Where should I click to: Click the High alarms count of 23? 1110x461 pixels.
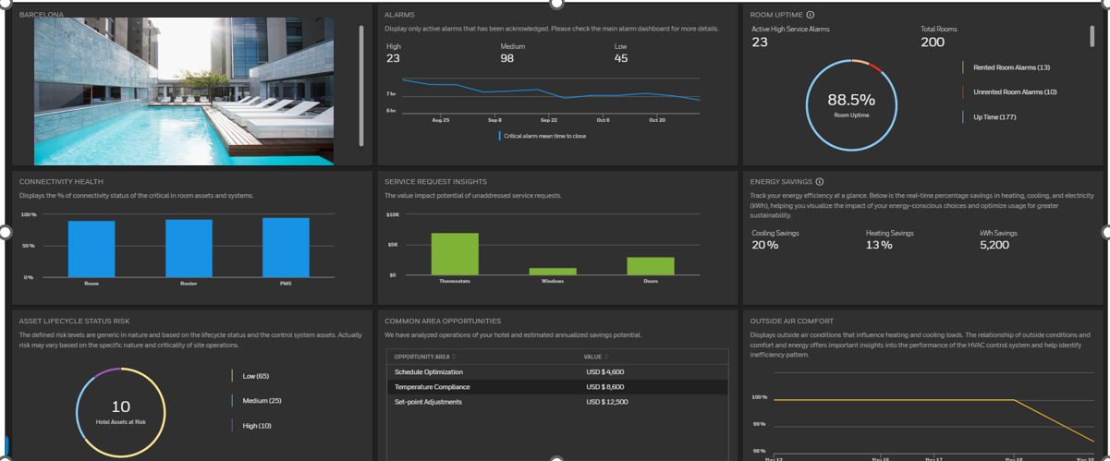[393, 58]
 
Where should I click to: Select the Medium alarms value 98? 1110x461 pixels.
[507, 58]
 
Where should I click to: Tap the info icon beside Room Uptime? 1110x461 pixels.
[811, 15]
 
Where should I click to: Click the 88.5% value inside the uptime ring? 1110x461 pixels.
[850, 100]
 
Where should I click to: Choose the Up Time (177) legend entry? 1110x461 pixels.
[994, 116]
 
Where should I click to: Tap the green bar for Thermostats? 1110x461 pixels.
[455, 253]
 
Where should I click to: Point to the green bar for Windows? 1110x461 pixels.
[553, 271]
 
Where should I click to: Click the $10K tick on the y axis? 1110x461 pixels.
[392, 214]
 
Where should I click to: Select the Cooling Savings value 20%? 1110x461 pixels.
[764, 245]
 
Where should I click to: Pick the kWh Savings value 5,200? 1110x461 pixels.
[994, 245]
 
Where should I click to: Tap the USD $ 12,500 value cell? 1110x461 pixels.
[606, 402]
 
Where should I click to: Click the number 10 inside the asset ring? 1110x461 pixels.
[120, 406]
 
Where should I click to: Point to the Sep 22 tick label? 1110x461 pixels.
[548, 120]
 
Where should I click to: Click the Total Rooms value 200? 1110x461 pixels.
[933, 42]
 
